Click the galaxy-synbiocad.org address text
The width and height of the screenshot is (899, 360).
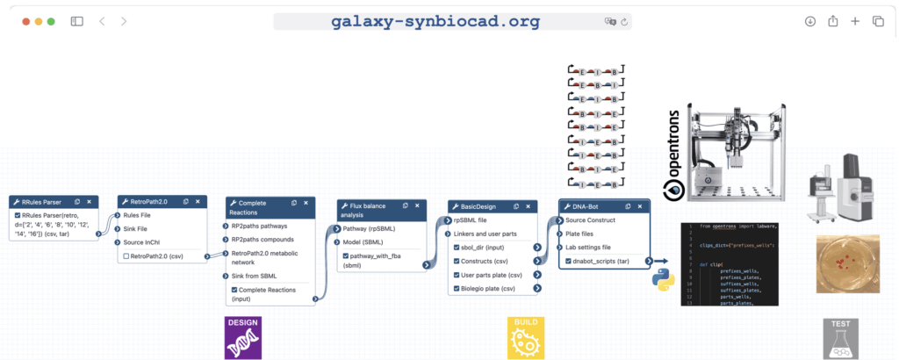(435, 21)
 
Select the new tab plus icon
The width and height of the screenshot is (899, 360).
(855, 21)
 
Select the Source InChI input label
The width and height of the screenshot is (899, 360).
(147, 242)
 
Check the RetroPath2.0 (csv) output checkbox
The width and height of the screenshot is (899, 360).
(126, 256)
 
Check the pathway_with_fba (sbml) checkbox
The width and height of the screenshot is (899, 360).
(347, 256)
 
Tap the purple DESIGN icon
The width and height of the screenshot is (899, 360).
(243, 336)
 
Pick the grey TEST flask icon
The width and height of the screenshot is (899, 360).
(839, 338)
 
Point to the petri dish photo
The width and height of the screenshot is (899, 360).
(846, 263)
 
